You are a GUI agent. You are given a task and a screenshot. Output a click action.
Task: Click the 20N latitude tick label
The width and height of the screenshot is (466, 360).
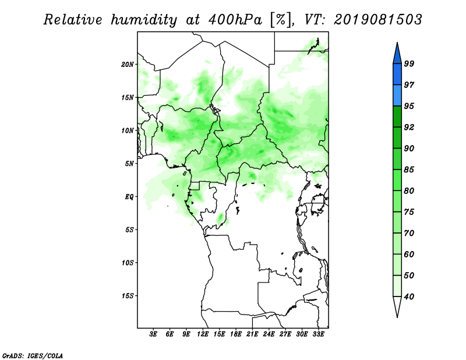pos(128,64)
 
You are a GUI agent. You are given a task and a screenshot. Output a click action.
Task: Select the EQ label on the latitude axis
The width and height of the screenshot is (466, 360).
pos(129,197)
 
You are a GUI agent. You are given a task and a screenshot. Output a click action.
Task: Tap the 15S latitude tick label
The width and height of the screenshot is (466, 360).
pos(128,296)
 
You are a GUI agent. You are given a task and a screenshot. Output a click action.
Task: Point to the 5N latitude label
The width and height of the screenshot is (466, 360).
pos(129,164)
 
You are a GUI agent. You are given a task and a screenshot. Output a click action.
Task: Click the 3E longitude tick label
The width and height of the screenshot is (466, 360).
pos(153,334)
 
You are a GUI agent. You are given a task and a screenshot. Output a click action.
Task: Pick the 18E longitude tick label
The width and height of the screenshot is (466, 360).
pos(236,334)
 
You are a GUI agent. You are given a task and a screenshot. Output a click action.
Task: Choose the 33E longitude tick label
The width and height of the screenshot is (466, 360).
pos(318,334)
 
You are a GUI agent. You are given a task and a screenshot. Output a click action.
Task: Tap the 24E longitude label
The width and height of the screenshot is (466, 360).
pos(269,334)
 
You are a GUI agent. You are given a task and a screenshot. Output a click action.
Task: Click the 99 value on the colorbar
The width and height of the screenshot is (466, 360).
pos(409,63)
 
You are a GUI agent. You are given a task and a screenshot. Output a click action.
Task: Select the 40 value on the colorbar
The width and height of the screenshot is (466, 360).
pos(409,297)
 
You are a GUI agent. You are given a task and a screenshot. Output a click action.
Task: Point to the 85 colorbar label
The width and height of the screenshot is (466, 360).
pos(409,170)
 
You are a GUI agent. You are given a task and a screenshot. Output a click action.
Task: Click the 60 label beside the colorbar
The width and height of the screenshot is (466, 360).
pos(409,254)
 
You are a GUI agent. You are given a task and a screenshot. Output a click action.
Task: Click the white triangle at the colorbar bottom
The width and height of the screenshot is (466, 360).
pos(397,305)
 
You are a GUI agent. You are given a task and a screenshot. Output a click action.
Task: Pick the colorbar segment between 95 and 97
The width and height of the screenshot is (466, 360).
pos(397,96)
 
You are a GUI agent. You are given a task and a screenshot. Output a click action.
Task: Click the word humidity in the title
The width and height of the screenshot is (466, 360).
pos(144,20)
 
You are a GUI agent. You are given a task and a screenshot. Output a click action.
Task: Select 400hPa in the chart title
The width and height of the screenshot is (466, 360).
pos(235,20)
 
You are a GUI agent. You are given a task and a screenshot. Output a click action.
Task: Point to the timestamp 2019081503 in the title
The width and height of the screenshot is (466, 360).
pos(377,20)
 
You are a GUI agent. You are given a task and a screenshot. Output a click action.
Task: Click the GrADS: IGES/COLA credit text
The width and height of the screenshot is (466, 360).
pos(33,355)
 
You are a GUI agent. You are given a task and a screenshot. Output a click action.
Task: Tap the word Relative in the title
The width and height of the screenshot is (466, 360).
pos(72,20)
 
